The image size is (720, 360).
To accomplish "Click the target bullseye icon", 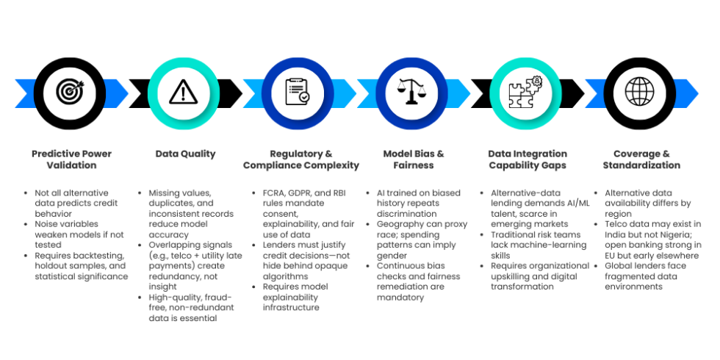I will coord(71,92).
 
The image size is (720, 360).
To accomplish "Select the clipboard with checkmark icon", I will coord(299,92).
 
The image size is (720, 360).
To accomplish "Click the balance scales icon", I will coord(413,92).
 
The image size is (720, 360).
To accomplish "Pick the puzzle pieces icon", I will coord(526,92).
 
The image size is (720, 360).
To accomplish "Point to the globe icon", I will coord(639,92).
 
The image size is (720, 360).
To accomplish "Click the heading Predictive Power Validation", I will coord(72,159).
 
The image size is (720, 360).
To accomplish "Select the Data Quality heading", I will coord(186,154).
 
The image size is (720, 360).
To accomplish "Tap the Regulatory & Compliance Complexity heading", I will coord(300,159).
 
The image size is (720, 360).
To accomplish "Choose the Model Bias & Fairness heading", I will coord(414,159).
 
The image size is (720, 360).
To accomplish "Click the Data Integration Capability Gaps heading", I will coord(528,159).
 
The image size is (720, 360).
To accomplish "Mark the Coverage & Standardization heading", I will coord(641,159).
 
